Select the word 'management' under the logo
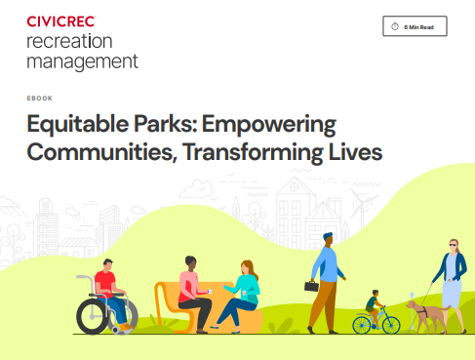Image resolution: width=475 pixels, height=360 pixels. pyautogui.click(x=80, y=60)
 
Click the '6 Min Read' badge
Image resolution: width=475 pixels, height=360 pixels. pyautogui.click(x=415, y=27)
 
